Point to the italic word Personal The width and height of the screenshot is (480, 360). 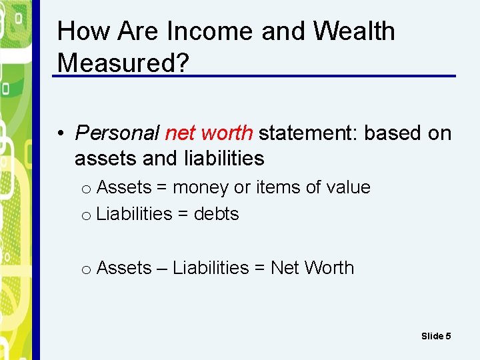(x=117, y=133)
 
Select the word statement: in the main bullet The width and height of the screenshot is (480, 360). (x=308, y=133)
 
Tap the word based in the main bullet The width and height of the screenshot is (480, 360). (x=393, y=133)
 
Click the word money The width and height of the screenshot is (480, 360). (x=201, y=188)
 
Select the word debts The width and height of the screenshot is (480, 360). (x=216, y=214)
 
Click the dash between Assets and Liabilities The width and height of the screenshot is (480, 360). (x=162, y=268)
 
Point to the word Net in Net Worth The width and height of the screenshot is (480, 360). (x=285, y=268)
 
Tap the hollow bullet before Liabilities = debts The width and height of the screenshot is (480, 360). (x=86, y=215)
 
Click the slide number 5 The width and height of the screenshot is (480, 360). (x=448, y=336)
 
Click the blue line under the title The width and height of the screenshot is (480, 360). (x=253, y=76)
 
